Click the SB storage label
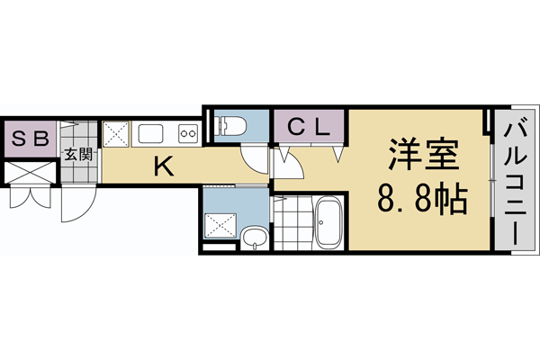pyautogui.click(x=30, y=139)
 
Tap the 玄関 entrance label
pyautogui.click(x=78, y=154)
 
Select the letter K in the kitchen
pyautogui.click(x=162, y=166)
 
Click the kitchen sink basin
pyautogui.click(x=149, y=135)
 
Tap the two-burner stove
pyautogui.click(x=188, y=135)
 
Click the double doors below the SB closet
pyautogui.click(x=27, y=195)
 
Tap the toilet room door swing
pyautogui.click(x=257, y=160)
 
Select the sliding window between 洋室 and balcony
pyautogui.click(x=491, y=181)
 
